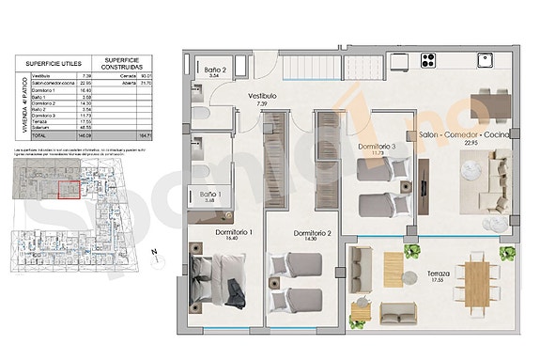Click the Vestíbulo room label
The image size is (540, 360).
260,95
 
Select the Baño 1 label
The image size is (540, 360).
210,195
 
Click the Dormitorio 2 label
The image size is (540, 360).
312,233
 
